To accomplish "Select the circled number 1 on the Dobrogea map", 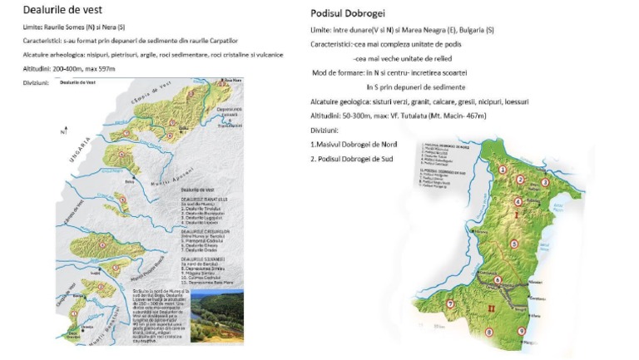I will [x=503, y=170].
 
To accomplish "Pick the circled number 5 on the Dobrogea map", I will [x=514, y=244].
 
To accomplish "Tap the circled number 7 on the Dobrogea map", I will [x=450, y=304].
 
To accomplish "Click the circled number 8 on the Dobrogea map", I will [x=488, y=333].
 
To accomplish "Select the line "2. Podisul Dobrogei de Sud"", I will [x=350, y=158].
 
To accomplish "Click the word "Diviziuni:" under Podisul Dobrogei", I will [x=327, y=130].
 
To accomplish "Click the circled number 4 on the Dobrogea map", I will [x=517, y=201].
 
